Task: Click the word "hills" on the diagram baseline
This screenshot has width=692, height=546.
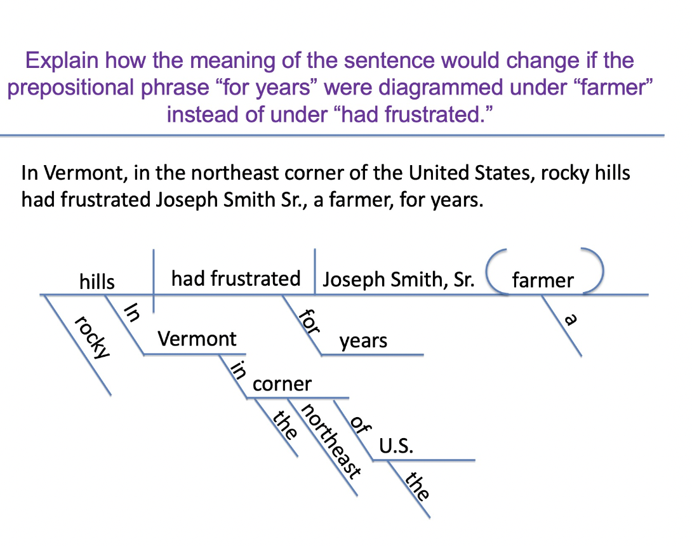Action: point(96,281)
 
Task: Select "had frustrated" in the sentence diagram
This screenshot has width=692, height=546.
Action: point(236,278)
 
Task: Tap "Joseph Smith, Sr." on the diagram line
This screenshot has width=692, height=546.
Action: point(399,280)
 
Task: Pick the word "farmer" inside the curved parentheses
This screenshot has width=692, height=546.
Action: point(543,280)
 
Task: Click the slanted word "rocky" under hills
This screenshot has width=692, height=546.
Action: point(93,336)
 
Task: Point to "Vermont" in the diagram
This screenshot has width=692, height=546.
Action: point(197,338)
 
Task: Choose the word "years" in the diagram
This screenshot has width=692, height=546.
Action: point(363,342)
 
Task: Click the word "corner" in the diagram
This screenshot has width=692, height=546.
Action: point(282,384)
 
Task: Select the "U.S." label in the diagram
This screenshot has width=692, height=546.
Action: point(396,446)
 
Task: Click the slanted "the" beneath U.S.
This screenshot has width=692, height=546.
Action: point(418,486)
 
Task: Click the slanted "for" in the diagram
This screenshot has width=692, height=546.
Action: point(310,321)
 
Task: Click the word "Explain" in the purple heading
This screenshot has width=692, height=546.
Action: point(62,61)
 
